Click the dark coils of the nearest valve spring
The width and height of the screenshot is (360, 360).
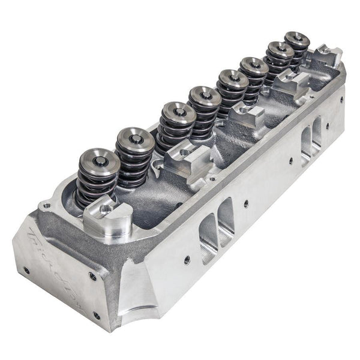[96, 183]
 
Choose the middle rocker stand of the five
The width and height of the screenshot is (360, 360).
[246, 115]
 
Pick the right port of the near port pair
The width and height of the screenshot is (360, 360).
[225, 222]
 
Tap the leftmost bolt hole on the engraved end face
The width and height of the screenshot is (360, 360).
[25, 271]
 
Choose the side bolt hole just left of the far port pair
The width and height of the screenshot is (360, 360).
[290, 161]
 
